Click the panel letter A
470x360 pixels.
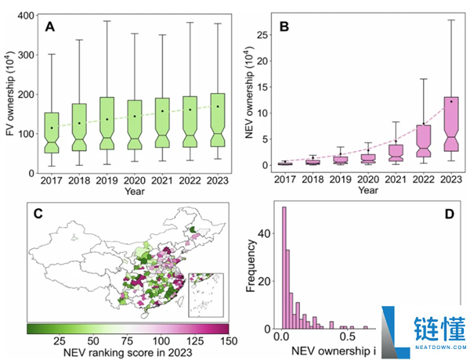tap(50, 27)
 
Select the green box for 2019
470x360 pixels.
tap(107, 123)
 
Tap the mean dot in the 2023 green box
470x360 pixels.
tap(218, 106)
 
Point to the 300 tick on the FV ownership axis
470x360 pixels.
tap(27, 55)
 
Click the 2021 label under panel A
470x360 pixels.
tap(162, 181)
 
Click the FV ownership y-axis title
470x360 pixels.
tap(10, 93)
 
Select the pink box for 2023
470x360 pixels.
tap(451, 124)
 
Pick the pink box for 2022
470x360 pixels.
tap(424, 141)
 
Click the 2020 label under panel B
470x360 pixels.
tap(368, 179)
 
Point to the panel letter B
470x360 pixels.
tap(284, 27)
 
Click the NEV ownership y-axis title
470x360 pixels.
tap(249, 92)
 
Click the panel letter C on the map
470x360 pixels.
tap(38, 214)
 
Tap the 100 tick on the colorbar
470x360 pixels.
tap(161, 341)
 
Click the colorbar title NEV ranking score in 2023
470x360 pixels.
tap(128, 352)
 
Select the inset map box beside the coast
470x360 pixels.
tap(206, 295)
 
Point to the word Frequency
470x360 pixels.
tap(251, 265)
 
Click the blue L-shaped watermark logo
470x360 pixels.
tap(396, 332)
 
